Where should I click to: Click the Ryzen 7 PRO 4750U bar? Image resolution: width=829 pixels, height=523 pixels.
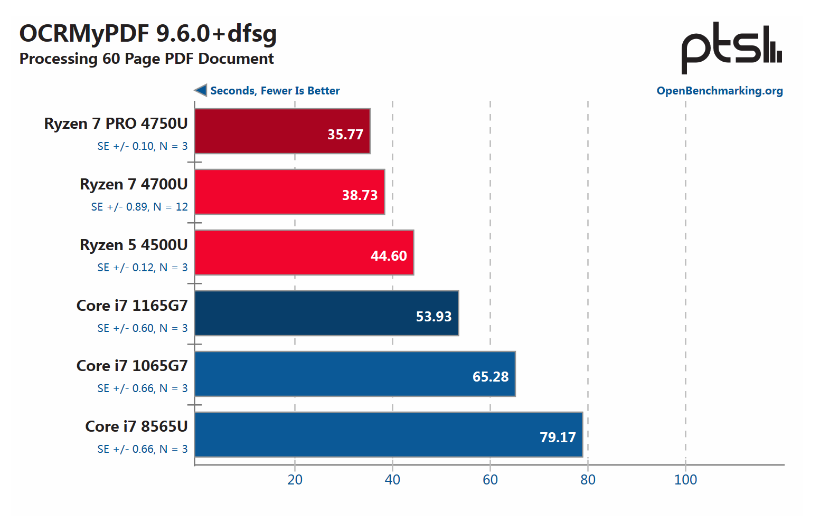pos(282,131)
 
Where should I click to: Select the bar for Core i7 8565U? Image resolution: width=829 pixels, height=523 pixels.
pos(388,434)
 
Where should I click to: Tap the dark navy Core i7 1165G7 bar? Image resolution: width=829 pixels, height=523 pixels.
pos(326,313)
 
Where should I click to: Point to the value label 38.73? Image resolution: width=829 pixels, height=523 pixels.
pos(360,195)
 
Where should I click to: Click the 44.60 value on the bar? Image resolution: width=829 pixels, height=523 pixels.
pos(389,256)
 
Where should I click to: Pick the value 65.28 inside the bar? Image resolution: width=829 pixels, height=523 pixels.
pos(491,377)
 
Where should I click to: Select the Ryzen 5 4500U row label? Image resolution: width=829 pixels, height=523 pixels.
pos(134,245)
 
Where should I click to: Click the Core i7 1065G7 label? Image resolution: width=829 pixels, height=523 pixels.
pos(132,366)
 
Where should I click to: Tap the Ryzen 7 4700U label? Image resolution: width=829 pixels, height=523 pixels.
pos(134,184)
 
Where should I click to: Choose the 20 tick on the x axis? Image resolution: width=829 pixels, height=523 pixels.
pos(295,480)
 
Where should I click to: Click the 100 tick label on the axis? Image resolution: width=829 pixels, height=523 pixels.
pos(685,480)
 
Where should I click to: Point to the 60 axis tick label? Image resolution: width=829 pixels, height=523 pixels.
pos(490,480)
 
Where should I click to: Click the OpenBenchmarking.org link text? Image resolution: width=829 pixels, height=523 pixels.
pos(719,91)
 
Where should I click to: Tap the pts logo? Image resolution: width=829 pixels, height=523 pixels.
pos(731,48)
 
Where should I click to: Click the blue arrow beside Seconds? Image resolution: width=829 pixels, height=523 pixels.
pos(201,90)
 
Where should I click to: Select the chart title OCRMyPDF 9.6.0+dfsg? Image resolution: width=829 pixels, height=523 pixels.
pos(148,33)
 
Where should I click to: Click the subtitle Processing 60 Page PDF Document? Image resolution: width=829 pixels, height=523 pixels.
pos(146,59)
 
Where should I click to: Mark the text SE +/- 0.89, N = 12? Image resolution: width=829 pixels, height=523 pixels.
pos(139,207)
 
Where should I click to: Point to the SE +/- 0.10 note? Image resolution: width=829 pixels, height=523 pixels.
pos(143,146)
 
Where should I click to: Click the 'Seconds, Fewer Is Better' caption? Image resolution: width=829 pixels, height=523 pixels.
pos(275,91)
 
